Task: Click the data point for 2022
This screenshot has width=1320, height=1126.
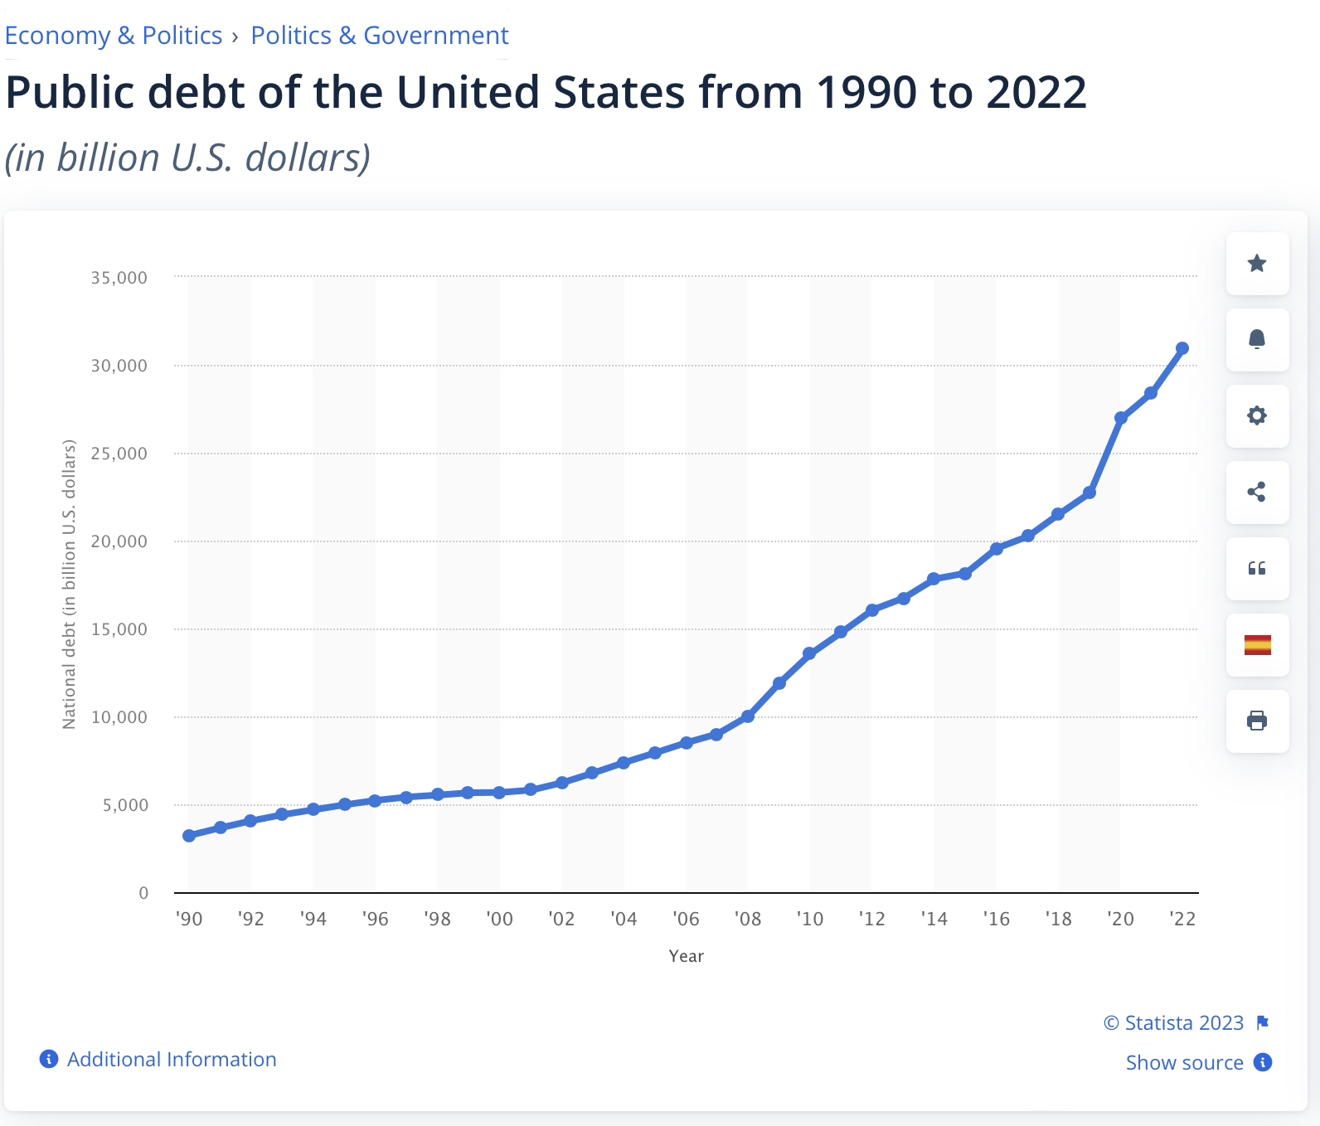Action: tap(1182, 348)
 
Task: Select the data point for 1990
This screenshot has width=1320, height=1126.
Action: tap(189, 836)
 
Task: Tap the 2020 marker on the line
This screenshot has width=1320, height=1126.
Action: tap(1121, 418)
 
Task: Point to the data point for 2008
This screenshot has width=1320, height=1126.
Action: tap(748, 716)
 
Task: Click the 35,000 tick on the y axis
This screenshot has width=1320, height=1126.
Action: tap(119, 278)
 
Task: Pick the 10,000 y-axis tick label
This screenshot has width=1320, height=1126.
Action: tap(119, 717)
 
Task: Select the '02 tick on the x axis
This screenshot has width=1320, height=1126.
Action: tap(561, 919)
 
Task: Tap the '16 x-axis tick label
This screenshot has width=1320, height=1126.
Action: tap(997, 919)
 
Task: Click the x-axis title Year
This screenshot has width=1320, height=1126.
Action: tap(686, 956)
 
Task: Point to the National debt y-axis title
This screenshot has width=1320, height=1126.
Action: tap(69, 585)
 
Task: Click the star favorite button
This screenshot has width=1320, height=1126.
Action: tap(1257, 264)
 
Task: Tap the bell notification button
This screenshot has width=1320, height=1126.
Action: tap(1257, 340)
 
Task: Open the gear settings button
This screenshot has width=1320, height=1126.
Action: tap(1257, 416)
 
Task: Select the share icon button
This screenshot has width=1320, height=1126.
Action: tap(1257, 493)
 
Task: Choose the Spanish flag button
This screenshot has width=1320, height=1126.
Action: tap(1257, 645)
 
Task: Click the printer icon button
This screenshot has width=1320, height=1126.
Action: tap(1257, 721)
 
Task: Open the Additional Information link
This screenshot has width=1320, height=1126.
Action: tap(171, 1060)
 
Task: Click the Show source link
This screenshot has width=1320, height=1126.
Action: tap(1184, 1063)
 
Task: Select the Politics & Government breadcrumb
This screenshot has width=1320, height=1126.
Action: tap(380, 36)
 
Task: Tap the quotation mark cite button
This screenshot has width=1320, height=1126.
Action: tap(1257, 569)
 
